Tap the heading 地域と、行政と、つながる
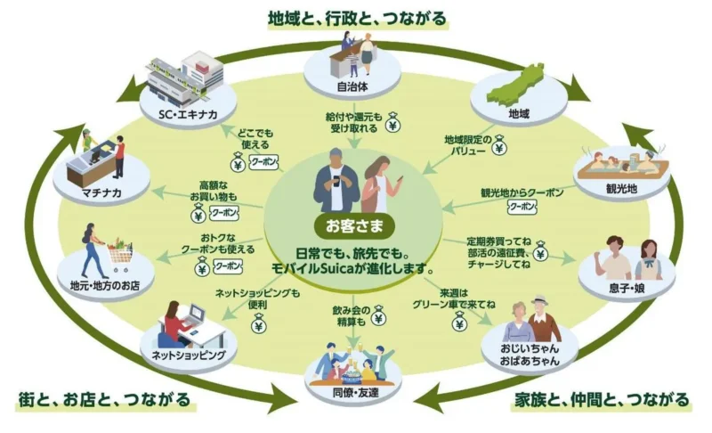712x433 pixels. coord(356,16)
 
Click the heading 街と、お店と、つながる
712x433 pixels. coord(104,400)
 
